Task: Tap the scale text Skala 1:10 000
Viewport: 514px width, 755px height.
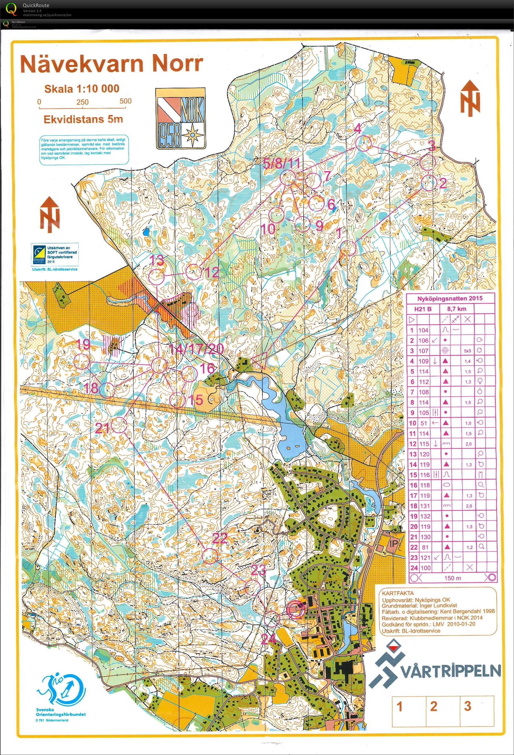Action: [82, 89]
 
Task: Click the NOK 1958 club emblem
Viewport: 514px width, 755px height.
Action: [180, 118]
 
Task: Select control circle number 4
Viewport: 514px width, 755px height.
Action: [363, 143]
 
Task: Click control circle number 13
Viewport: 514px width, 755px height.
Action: [157, 277]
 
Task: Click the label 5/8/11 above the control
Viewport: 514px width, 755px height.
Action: [281, 164]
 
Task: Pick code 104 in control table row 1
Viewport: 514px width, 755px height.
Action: [423, 330]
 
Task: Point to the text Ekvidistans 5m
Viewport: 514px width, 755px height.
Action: [83, 119]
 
